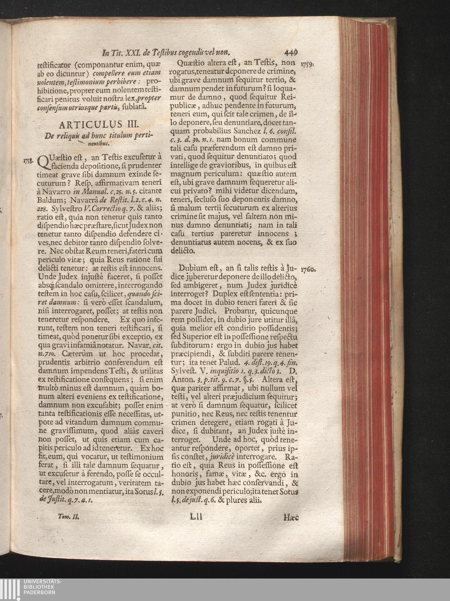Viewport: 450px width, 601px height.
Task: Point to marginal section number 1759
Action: click(x=307, y=64)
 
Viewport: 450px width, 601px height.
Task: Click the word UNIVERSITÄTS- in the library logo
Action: click(x=42, y=582)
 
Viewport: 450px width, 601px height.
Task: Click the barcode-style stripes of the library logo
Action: click(x=10, y=589)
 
